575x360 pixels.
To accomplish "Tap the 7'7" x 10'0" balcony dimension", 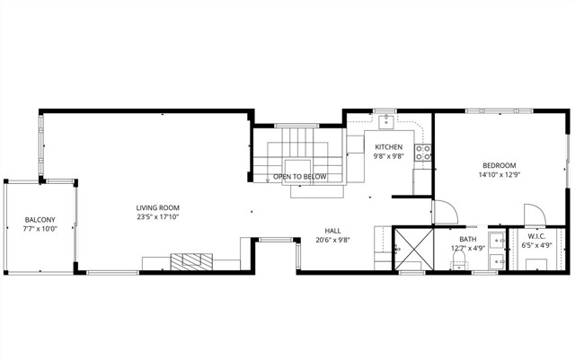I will (40, 229).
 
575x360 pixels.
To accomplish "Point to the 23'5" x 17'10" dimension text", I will (158, 216).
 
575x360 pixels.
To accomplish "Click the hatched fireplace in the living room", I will (190, 260).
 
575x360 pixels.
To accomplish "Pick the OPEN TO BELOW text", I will (299, 177).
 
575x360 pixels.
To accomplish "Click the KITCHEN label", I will (389, 146).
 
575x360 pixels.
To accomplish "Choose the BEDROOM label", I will (499, 165).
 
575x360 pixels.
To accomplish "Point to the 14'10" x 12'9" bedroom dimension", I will (499, 175).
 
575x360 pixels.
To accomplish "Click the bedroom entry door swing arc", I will (447, 212).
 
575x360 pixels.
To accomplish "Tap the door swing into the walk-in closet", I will (534, 215).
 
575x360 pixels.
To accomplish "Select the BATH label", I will (468, 240).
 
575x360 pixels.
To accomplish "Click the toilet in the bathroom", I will (459, 259).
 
